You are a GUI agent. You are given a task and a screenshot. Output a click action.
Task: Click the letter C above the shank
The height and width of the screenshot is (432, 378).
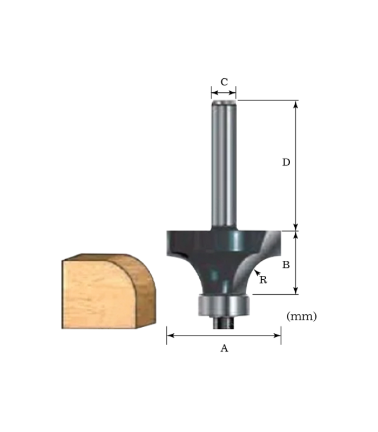tap(224, 82)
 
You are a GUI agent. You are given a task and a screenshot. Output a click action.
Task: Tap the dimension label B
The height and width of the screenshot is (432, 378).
tap(286, 265)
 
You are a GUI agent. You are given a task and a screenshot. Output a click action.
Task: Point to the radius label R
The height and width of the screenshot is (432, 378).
tap(263, 280)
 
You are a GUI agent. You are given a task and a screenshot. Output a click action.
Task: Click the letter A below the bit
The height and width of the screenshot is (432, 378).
tap(224, 349)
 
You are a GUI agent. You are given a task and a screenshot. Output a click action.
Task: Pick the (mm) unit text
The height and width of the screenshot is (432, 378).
tap(301, 316)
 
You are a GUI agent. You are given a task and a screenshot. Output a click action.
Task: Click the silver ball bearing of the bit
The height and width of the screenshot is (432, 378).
tap(224, 306)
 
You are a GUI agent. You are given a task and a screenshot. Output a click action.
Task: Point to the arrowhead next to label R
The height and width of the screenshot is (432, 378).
tap(256, 272)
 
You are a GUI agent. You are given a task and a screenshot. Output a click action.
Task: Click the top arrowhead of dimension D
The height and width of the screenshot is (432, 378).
tap(296, 104)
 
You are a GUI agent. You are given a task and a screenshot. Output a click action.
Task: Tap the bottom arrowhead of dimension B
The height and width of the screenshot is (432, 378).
tap(296, 291)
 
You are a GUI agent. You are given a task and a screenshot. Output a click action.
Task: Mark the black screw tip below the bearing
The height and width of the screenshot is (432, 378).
tap(223, 322)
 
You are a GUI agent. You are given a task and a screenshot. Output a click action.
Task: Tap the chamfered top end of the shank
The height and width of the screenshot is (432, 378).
tap(224, 101)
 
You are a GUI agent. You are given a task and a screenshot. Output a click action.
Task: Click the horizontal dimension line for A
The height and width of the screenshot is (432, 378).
tap(224, 335)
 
